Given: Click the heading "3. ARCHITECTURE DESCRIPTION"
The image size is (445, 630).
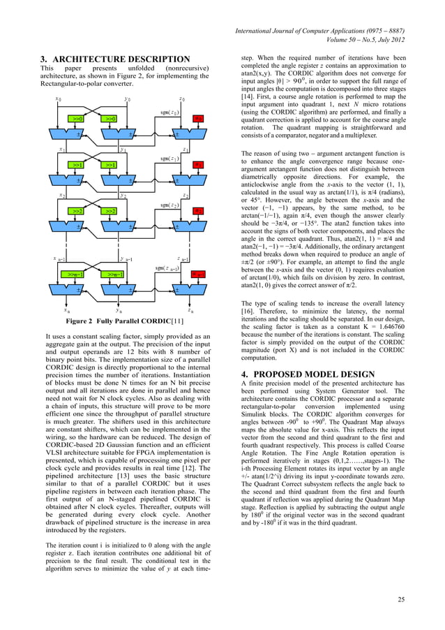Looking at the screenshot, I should (115, 59).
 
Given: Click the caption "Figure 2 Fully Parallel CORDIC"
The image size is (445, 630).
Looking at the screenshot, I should (114, 322).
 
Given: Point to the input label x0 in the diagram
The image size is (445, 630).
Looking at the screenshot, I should (58, 99).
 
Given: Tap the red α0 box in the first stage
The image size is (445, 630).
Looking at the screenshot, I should (198, 119).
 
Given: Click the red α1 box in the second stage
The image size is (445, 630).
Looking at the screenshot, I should (198, 165).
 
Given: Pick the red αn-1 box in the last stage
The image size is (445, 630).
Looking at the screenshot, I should (198, 274).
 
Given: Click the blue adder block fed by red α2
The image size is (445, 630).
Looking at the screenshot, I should (179, 227).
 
